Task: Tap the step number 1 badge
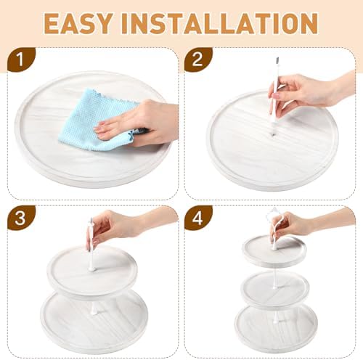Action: click(21, 60)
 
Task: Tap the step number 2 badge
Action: click(198, 60)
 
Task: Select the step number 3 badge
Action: click(21, 218)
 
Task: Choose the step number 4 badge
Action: click(198, 218)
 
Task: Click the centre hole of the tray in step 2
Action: click(273, 134)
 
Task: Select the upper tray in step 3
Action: click(92, 270)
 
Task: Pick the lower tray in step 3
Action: click(94, 319)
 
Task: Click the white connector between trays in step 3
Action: click(93, 307)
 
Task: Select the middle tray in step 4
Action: click(275, 288)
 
